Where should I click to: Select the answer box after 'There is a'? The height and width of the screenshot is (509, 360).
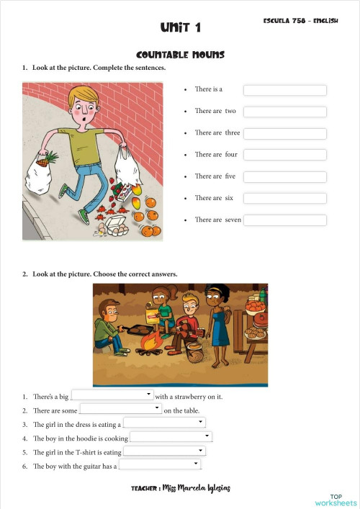tap(284, 90)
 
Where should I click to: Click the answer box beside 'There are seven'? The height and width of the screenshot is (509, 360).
tap(284, 220)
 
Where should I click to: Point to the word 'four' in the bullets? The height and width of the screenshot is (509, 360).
tap(231, 155)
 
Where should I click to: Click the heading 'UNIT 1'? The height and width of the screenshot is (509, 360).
tap(180, 28)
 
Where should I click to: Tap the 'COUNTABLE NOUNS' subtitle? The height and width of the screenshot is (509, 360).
tap(180, 55)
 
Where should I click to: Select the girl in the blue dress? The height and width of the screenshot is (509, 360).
tap(217, 317)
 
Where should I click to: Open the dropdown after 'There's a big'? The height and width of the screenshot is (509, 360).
tap(112, 395)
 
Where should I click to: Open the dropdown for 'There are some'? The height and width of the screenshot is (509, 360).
tap(120, 409)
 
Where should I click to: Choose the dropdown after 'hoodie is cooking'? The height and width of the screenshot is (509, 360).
tap(171, 437)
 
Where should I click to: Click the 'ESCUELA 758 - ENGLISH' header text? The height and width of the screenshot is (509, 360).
tap(301, 22)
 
